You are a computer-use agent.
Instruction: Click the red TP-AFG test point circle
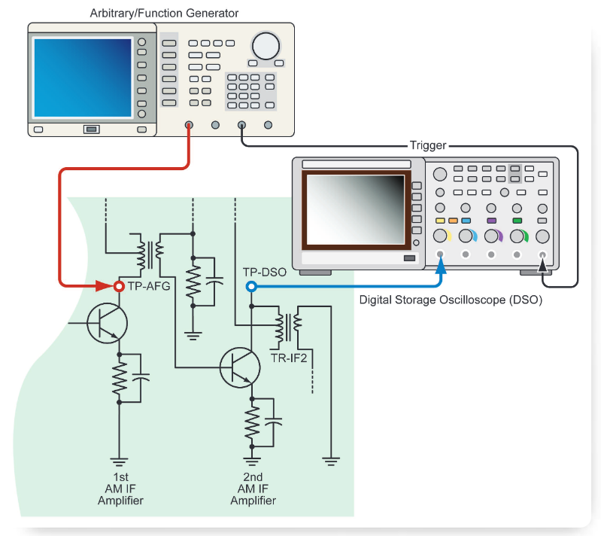118,287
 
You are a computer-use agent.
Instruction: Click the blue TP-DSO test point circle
251,287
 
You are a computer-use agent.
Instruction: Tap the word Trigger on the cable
428,145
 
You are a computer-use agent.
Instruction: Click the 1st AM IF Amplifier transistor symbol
106,323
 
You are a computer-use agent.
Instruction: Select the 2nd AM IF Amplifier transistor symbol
239,367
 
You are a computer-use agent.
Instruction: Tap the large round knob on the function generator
266,46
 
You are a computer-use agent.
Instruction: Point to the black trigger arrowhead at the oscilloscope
542,263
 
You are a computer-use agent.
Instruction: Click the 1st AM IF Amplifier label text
120,489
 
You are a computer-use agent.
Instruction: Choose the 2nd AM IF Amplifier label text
253,489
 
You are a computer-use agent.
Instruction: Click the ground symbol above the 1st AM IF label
118,460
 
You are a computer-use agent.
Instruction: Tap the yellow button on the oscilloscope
441,221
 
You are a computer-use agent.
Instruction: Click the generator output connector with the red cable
189,126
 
